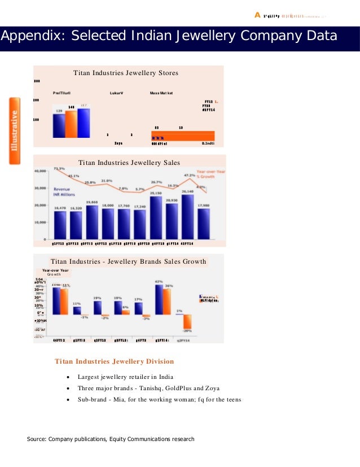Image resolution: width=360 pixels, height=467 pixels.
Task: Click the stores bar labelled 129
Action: point(59,124)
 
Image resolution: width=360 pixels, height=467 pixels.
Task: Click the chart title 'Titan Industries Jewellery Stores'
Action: point(126,73)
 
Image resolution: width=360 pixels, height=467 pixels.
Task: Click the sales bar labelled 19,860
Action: point(92,222)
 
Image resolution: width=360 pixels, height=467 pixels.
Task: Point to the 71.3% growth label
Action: point(59,168)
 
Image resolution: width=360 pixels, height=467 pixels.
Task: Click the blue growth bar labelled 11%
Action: point(77,310)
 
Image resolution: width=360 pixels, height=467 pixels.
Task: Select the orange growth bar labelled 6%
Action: point(126,312)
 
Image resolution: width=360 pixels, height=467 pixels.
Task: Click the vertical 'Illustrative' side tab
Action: point(15,130)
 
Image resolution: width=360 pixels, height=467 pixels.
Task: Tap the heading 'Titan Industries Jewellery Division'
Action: point(114,361)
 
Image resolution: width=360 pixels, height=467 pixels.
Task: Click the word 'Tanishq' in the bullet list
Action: point(143,389)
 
